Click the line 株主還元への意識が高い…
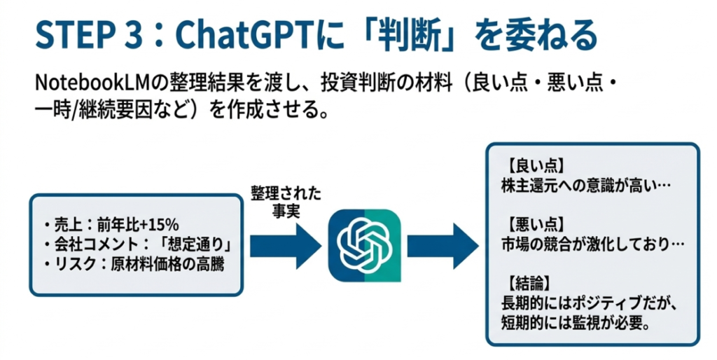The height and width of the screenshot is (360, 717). point(586,187)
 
